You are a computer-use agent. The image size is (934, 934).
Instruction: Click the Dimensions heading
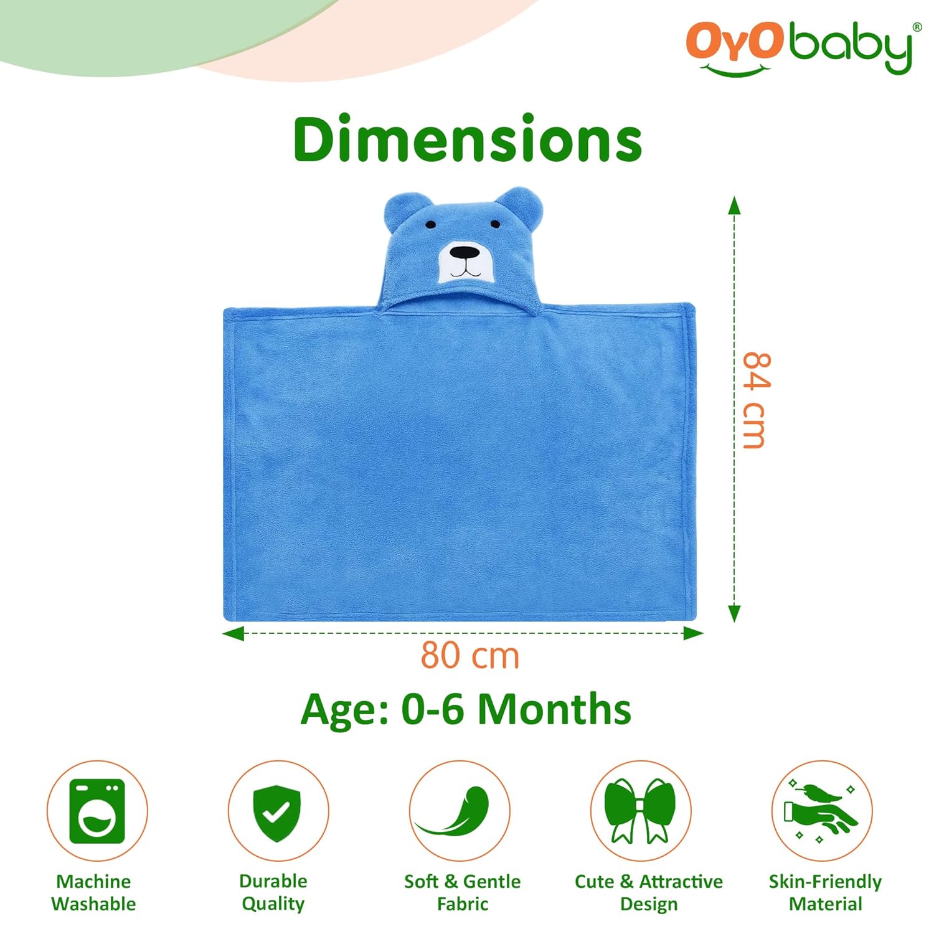point(467,138)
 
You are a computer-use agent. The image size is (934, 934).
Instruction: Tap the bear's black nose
point(465,253)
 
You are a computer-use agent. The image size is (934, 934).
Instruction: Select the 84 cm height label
point(755,400)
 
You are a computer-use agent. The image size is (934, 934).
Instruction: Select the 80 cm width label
point(470,655)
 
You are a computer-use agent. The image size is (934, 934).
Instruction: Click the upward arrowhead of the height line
point(735,205)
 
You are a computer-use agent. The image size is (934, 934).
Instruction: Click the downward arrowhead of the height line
point(735,613)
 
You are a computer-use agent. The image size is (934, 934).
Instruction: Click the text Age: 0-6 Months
point(466,709)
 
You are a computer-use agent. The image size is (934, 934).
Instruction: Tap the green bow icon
point(640,810)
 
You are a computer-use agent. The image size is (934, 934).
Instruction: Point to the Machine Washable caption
point(93,892)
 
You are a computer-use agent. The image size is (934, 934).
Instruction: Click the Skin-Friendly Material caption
point(825,892)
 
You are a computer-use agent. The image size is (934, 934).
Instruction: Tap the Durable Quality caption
point(273,892)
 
